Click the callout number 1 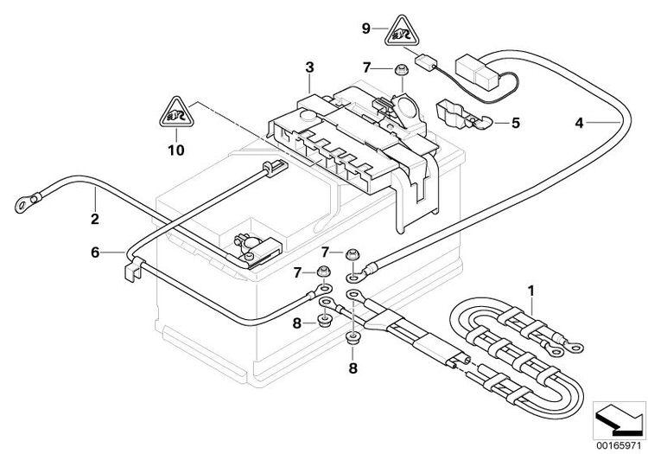[x=531, y=289]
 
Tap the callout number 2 [x=94, y=219]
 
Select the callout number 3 [x=308, y=67]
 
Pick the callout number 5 [x=515, y=123]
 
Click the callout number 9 [x=365, y=29]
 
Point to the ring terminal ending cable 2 [x=20, y=206]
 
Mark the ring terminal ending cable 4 [x=355, y=278]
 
